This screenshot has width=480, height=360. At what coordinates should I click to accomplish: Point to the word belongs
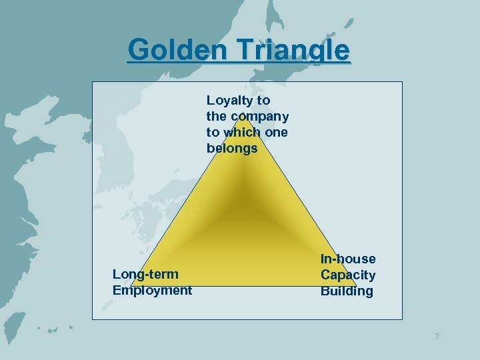(x=231, y=149)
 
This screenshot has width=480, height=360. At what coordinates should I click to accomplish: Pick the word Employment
(x=152, y=290)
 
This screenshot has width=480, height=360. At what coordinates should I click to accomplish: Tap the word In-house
(x=348, y=259)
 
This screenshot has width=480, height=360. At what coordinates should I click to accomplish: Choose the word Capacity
(x=348, y=275)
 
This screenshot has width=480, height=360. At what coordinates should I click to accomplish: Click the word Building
(x=347, y=291)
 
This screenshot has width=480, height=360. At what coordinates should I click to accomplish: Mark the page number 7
(x=437, y=336)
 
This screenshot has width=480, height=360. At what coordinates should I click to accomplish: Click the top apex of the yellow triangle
(x=244, y=119)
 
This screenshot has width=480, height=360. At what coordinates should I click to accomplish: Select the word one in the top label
(x=276, y=132)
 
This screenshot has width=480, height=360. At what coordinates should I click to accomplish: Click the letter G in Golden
(x=138, y=50)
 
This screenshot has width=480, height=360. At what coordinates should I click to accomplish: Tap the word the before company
(x=217, y=117)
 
